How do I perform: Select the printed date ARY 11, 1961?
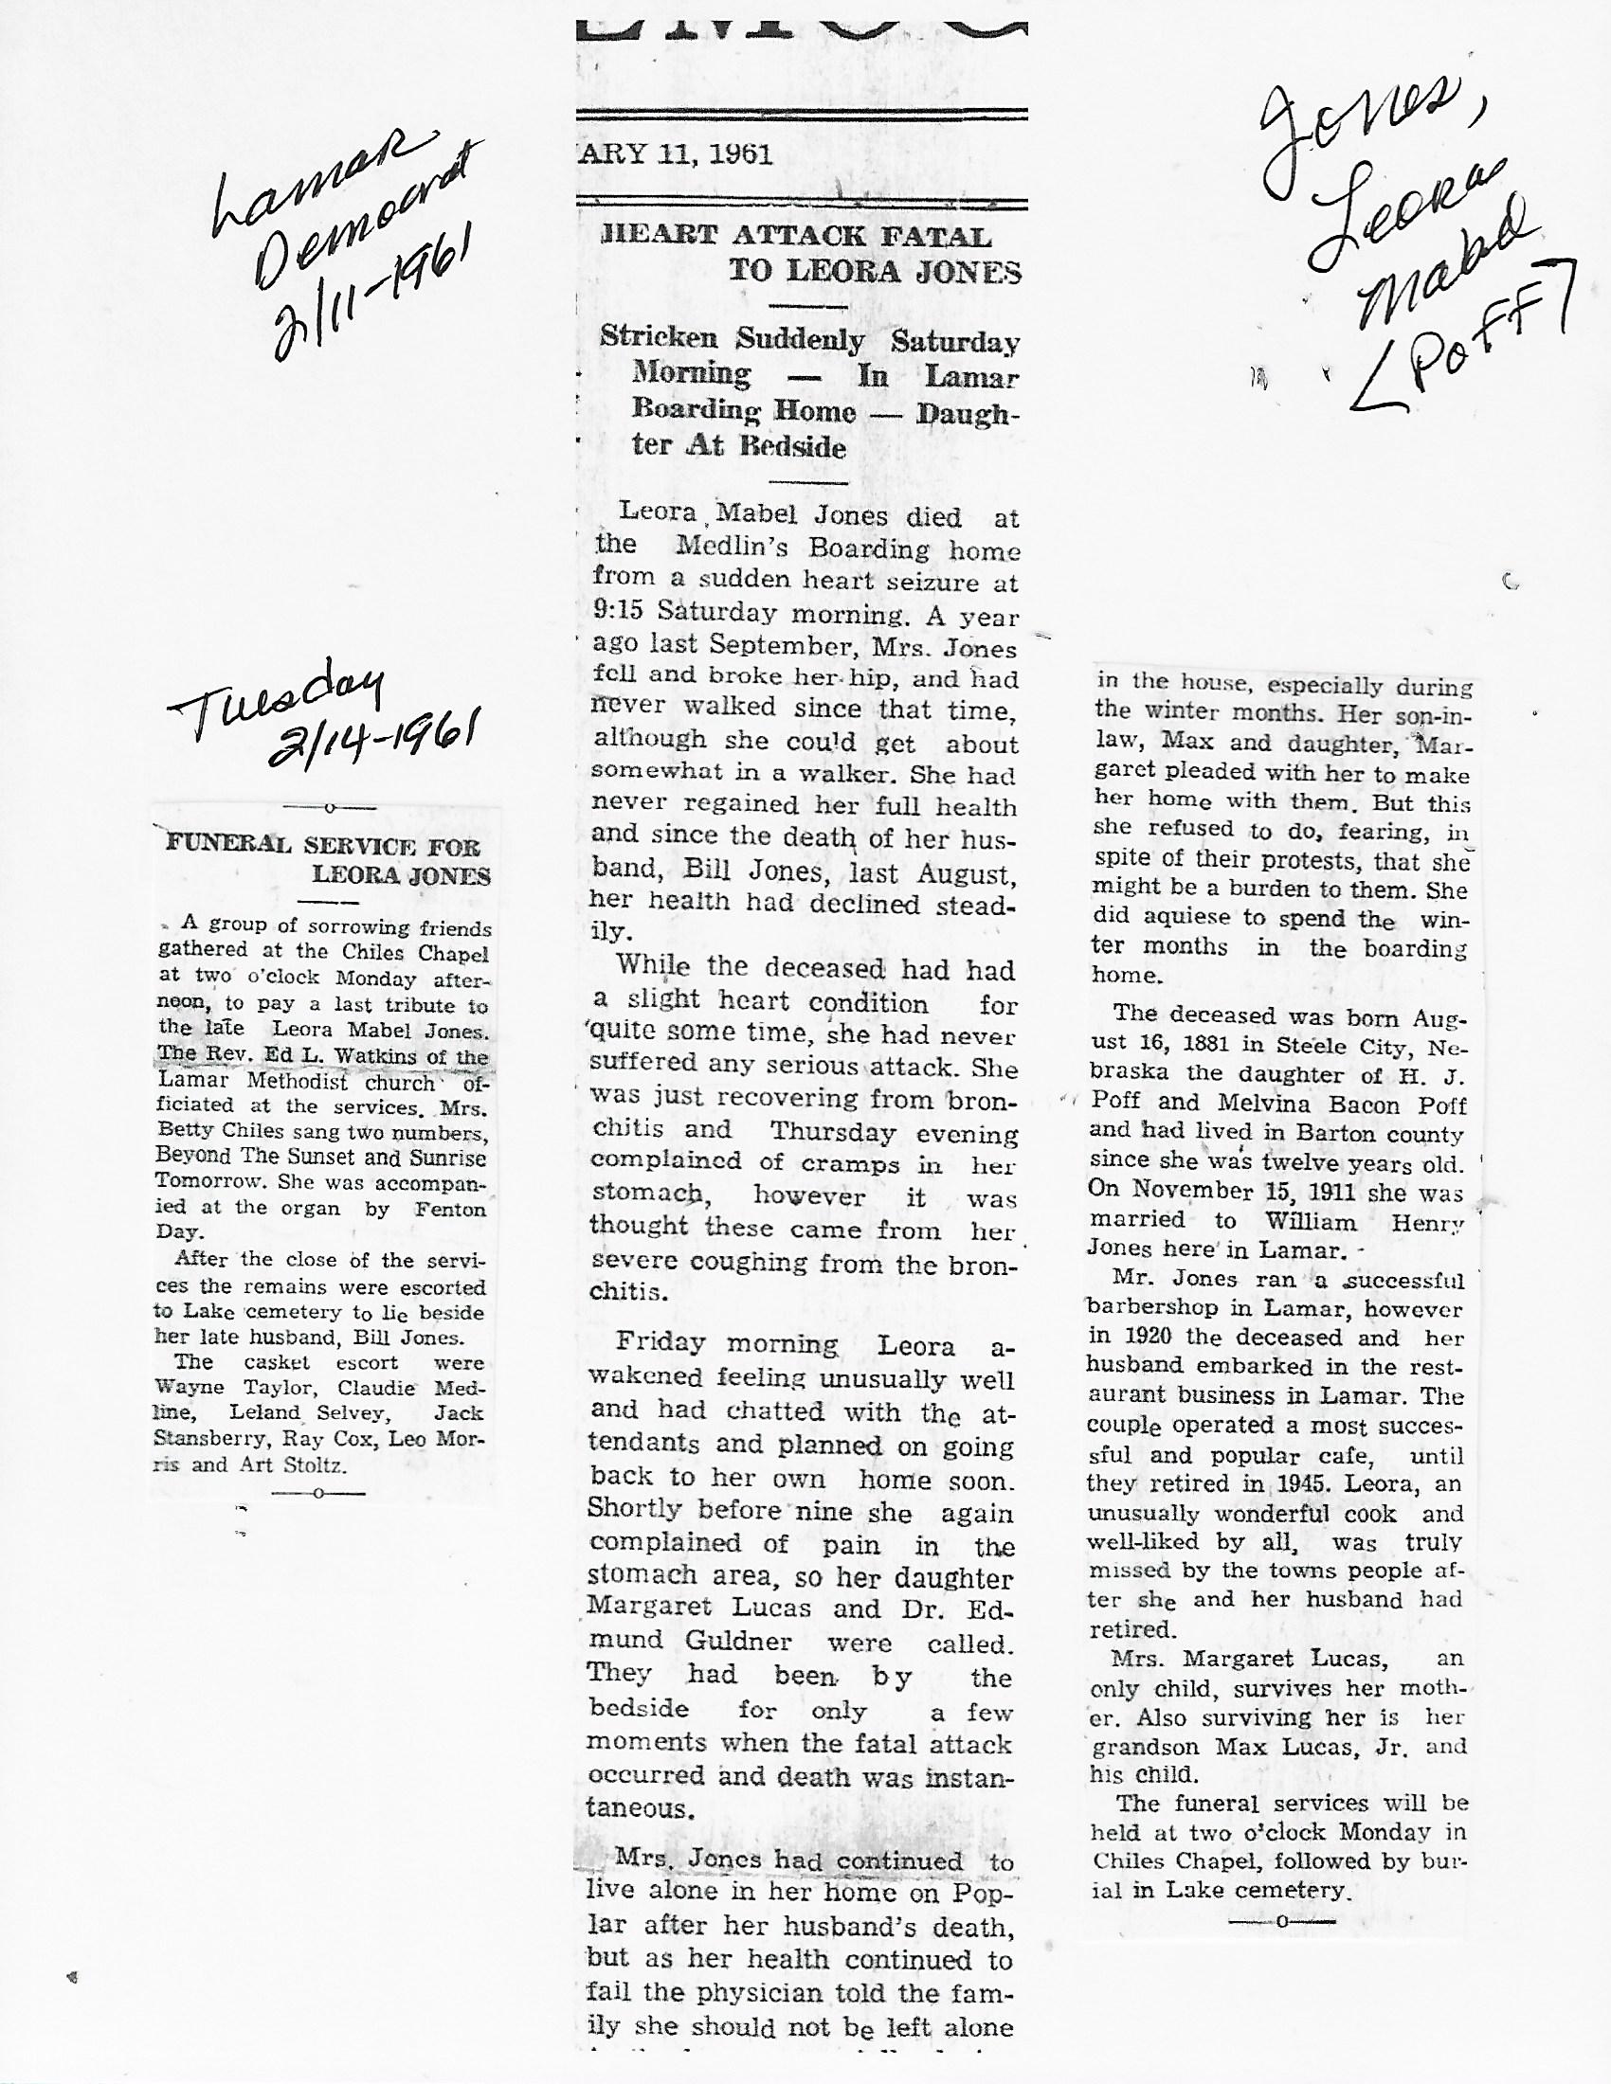click(x=675, y=154)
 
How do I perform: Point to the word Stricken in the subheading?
click(x=659, y=338)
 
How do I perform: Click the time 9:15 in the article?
click(x=619, y=612)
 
